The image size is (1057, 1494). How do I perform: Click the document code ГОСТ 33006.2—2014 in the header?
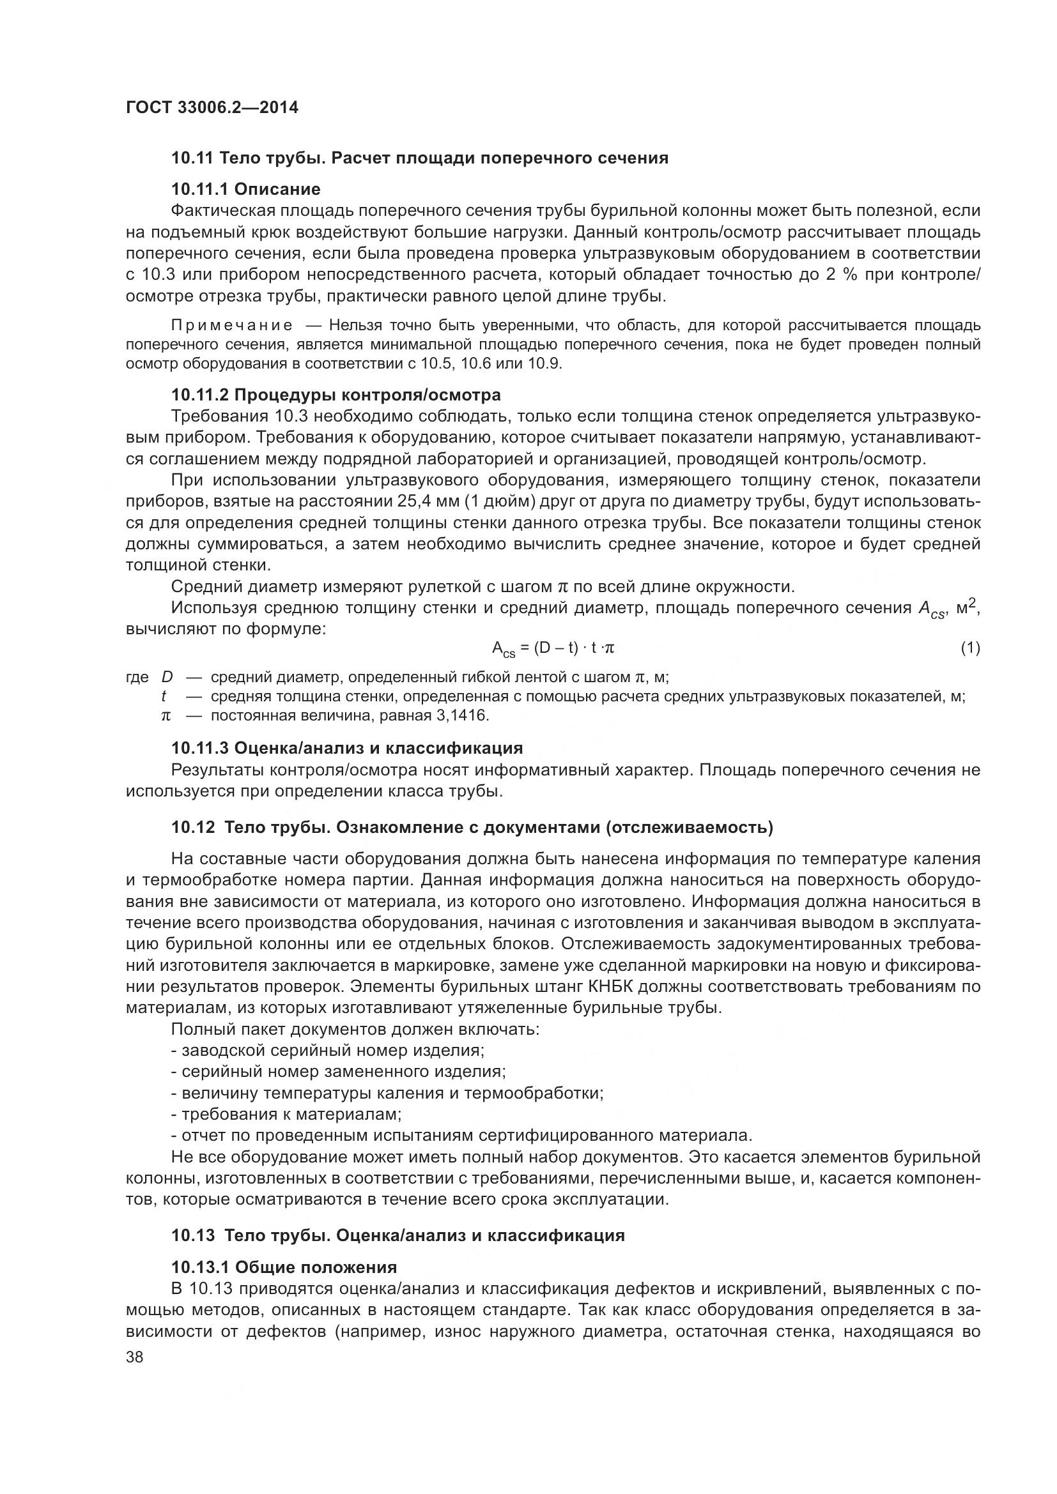[212, 108]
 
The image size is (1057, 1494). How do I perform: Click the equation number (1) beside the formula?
[970, 648]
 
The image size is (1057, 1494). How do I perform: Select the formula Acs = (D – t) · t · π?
[553, 648]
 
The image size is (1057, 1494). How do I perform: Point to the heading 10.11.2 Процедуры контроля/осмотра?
[336, 395]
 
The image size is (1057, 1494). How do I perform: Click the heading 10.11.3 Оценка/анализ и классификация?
[347, 749]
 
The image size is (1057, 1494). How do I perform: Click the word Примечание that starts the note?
[232, 325]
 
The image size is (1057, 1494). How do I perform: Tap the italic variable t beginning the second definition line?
[164, 697]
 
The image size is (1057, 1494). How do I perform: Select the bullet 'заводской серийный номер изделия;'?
[327, 1050]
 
